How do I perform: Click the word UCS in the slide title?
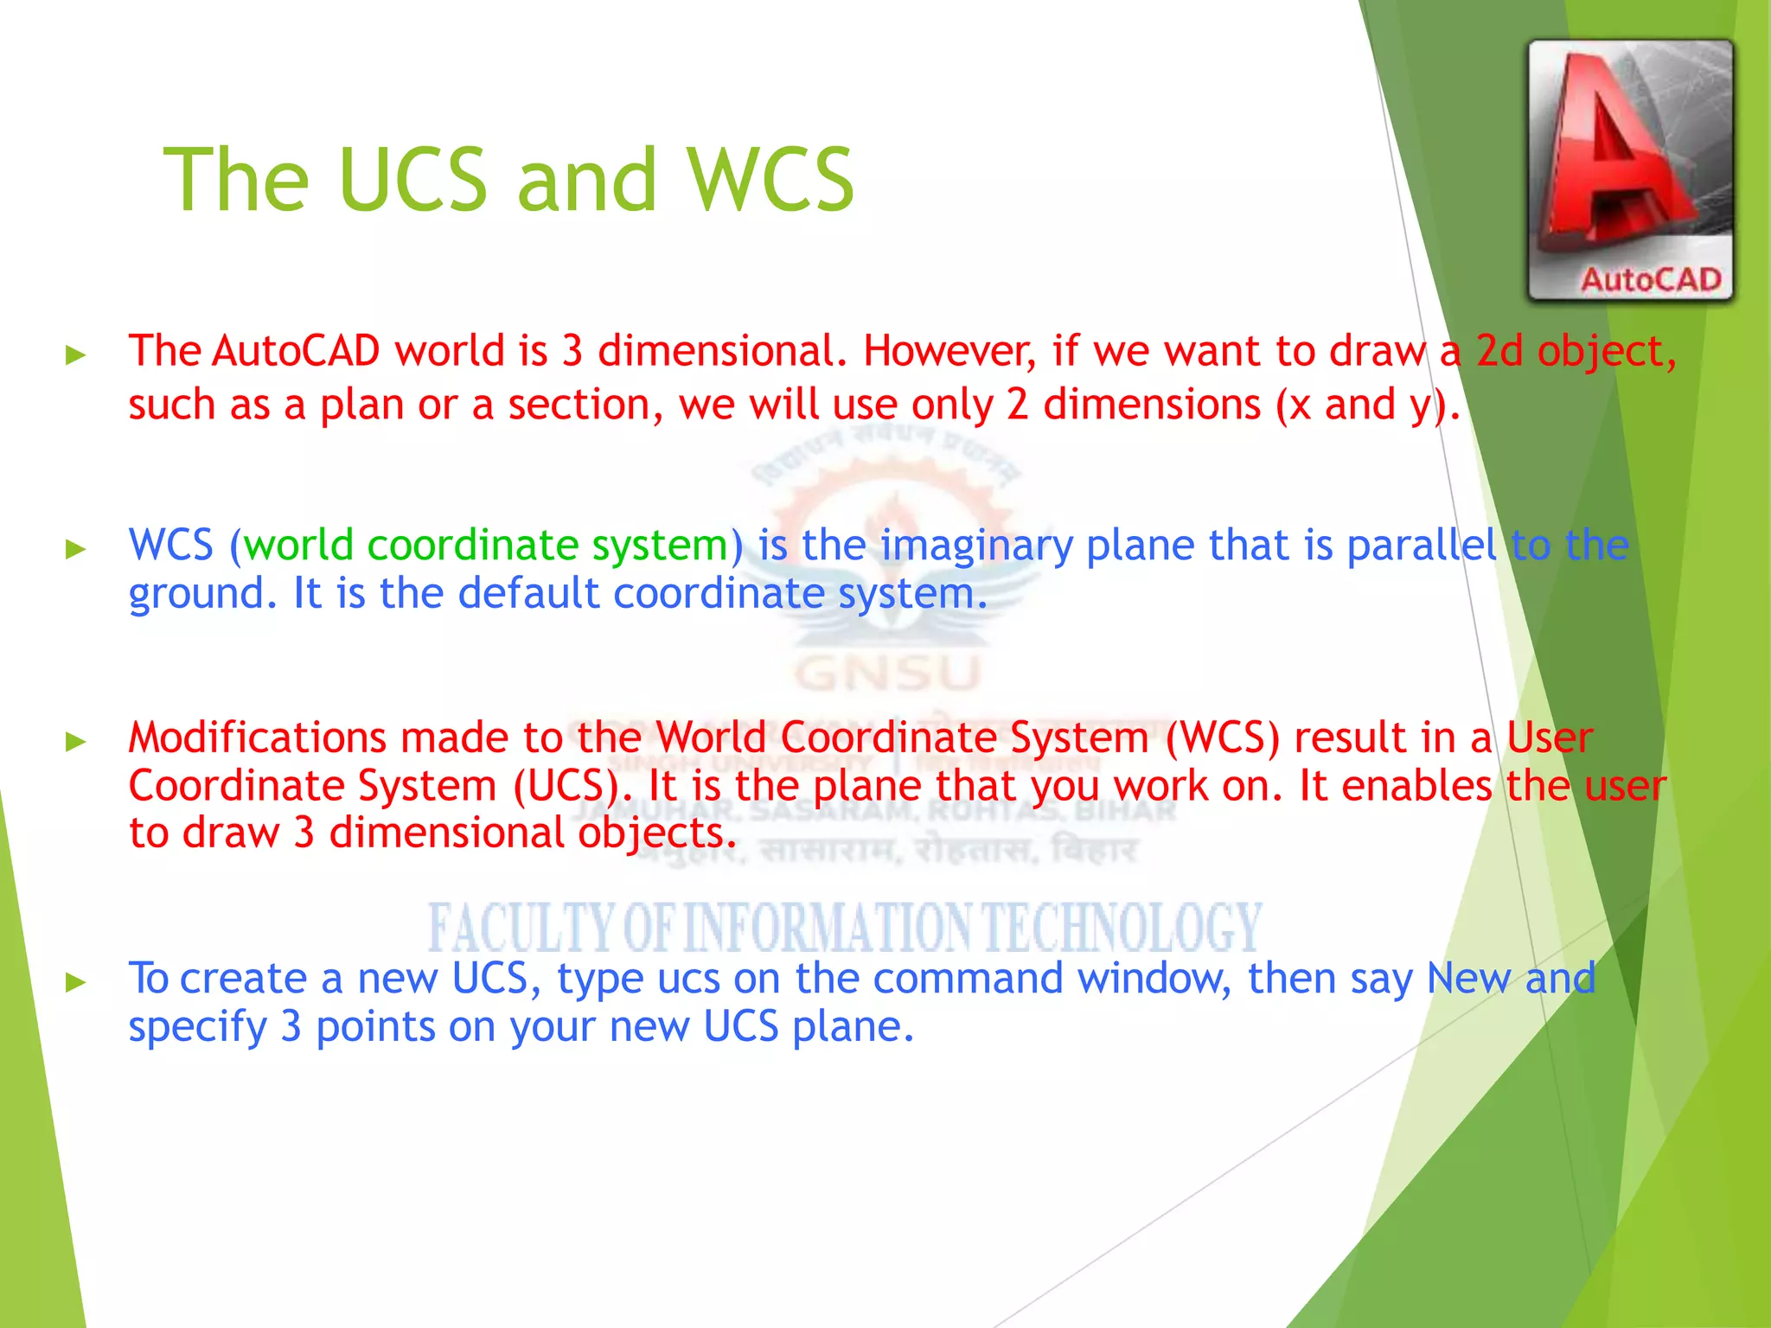tap(413, 180)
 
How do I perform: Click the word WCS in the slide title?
tap(770, 180)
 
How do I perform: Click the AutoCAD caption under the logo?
tap(1650, 280)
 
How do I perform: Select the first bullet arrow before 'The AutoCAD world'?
tap(76, 354)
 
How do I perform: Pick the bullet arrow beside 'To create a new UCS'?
tap(76, 981)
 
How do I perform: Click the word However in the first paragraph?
tap(949, 351)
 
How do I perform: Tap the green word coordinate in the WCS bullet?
tap(472, 546)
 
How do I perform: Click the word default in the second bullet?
tap(527, 594)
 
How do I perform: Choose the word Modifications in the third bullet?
tap(257, 737)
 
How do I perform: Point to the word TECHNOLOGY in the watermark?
tap(1122, 927)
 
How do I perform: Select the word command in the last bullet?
tap(968, 979)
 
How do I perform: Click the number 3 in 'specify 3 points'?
tap(291, 1027)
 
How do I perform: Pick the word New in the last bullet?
tap(1467, 979)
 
